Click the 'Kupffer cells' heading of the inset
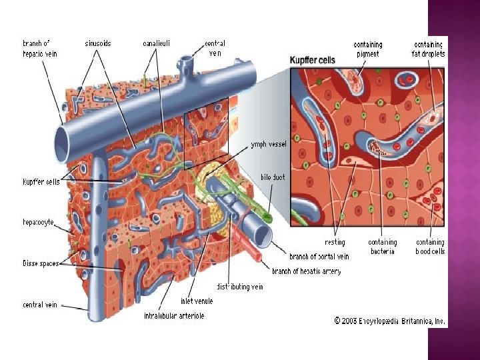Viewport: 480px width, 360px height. pos(313,60)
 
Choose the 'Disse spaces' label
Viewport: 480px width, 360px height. pos(40,263)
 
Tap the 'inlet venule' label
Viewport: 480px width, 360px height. pos(197,301)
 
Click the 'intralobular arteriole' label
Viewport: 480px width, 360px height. pos(174,315)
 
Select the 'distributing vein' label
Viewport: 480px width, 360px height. pos(240,287)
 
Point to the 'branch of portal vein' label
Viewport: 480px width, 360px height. pos(319,257)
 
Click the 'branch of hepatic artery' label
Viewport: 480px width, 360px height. pos(306,271)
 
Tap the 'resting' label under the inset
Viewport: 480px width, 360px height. pos(335,243)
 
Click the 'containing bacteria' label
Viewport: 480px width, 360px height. pos(383,247)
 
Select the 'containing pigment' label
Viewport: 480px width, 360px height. pos(368,49)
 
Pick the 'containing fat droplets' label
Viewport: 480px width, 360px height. pos(429,49)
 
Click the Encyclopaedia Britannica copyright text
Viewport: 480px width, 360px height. pos(390,321)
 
